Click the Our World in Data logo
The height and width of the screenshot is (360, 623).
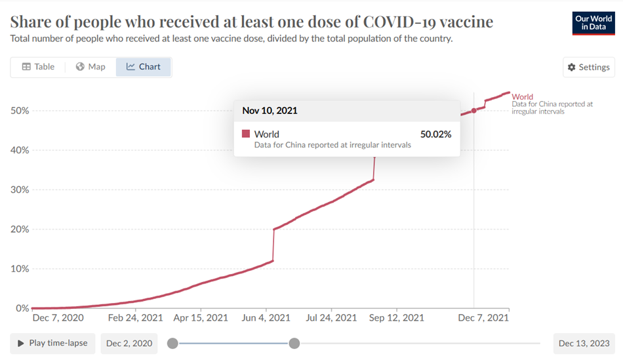[x=593, y=23]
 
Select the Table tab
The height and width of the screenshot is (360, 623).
[x=38, y=67]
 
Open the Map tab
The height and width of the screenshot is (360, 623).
[x=90, y=67]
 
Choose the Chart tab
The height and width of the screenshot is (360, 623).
[x=144, y=67]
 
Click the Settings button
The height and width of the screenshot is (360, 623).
[x=588, y=67]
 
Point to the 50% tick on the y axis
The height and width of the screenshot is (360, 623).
[x=20, y=110]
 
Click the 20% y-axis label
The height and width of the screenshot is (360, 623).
[x=20, y=229]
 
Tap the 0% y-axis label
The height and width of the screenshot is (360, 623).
[x=22, y=308]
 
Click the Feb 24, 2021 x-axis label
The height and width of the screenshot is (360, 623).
[x=136, y=318]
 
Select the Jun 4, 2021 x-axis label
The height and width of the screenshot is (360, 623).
[x=266, y=318]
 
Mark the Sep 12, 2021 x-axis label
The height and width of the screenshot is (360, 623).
[x=396, y=318]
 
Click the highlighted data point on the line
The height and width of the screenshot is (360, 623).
[x=474, y=110]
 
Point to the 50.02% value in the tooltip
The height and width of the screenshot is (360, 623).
[x=435, y=134]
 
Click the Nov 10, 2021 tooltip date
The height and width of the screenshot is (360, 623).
[x=270, y=110]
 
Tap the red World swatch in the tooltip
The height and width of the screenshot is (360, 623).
[x=246, y=134]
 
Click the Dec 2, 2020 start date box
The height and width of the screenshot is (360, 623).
[x=129, y=343]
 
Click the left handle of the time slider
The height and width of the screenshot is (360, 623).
[x=172, y=343]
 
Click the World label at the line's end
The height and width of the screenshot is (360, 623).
[x=523, y=97]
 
